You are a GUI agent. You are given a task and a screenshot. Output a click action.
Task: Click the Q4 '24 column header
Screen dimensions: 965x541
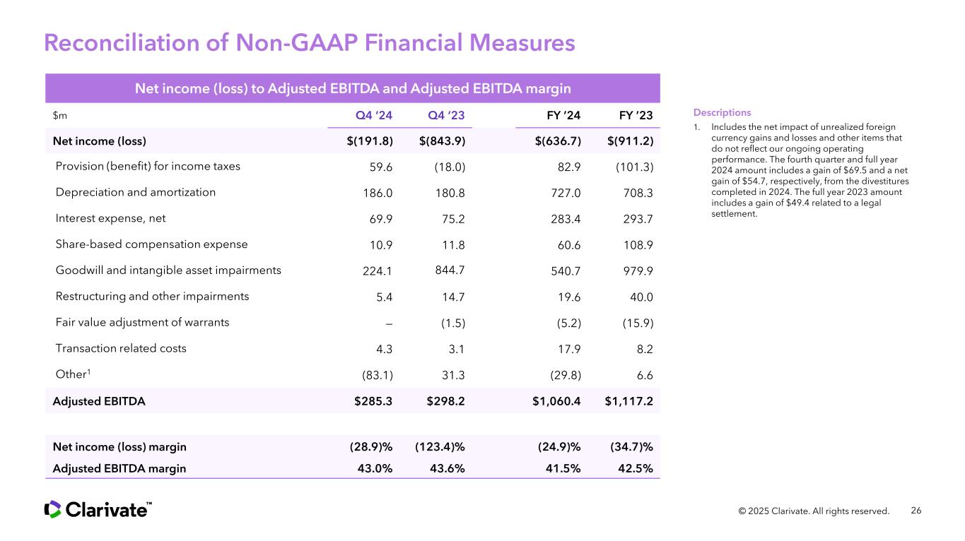373,115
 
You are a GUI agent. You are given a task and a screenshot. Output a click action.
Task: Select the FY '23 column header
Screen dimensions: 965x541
636,115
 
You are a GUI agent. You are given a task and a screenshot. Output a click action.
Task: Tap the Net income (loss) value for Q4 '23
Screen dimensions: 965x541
442,141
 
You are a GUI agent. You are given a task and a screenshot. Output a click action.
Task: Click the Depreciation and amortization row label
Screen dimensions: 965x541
135,192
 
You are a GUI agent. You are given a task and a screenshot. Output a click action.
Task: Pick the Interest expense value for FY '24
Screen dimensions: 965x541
566,219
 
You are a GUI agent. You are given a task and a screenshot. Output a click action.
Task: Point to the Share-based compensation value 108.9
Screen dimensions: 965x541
638,245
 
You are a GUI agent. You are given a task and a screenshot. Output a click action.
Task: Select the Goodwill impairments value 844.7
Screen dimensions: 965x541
450,270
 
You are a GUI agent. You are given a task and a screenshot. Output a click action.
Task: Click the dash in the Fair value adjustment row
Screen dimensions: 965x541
389,323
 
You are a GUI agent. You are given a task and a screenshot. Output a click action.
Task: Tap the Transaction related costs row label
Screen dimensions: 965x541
121,348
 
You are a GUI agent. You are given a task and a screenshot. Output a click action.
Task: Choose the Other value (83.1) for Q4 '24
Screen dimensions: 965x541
378,375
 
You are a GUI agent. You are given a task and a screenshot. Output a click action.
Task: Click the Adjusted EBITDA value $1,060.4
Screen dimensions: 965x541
556,401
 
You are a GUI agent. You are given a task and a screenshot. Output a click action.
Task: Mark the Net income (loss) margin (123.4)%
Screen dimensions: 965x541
440,447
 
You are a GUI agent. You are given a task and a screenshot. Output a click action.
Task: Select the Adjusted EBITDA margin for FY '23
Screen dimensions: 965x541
636,468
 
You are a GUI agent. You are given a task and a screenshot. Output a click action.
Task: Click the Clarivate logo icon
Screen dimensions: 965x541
52,509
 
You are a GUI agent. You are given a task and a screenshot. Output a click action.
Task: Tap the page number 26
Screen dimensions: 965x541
916,511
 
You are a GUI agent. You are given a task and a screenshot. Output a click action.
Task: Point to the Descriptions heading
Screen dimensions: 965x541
722,112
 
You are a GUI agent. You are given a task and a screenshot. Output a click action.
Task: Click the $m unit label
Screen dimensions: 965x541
60,115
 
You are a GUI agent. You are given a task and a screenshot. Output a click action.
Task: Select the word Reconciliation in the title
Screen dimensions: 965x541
122,42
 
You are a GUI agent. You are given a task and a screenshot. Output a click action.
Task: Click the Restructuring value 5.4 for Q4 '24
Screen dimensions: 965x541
385,297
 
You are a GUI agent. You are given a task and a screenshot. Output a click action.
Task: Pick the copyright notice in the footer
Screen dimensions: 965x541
814,511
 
